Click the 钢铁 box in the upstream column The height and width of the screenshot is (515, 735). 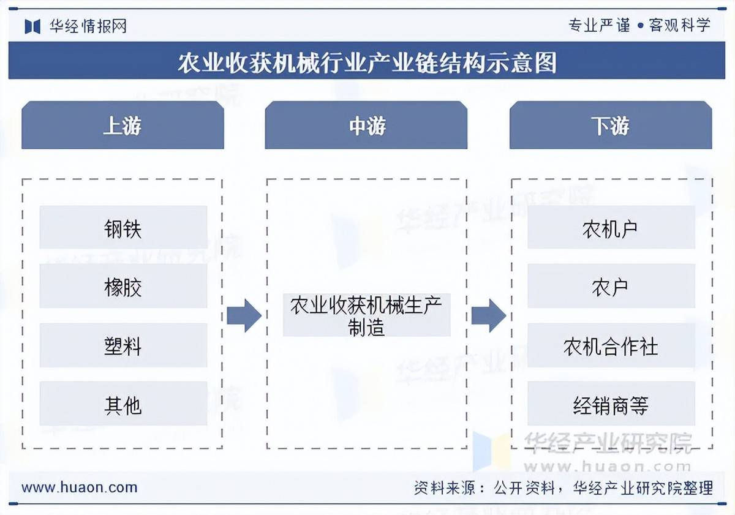pyautogui.click(x=123, y=228)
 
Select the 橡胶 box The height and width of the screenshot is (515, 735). pyautogui.click(x=123, y=287)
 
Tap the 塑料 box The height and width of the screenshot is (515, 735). pyautogui.click(x=123, y=346)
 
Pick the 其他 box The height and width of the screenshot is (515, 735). pyautogui.click(x=123, y=404)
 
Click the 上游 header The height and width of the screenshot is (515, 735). pyautogui.click(x=123, y=126)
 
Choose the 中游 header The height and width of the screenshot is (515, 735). pyautogui.click(x=366, y=126)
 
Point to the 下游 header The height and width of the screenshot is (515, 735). pyautogui.click(x=611, y=126)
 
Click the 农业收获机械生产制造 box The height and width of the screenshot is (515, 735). pyautogui.click(x=366, y=315)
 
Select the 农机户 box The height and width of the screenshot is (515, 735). pyautogui.click(x=611, y=228)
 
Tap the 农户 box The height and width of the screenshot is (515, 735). pyautogui.click(x=611, y=287)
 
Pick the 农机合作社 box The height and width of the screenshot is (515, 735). pyautogui.click(x=611, y=346)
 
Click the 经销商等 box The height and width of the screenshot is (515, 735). pyautogui.click(x=611, y=404)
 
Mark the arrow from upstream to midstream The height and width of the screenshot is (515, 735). pyautogui.click(x=244, y=316)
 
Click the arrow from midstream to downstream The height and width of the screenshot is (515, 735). pyautogui.click(x=488, y=316)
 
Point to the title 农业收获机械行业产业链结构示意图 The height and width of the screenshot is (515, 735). pyautogui.click(x=367, y=62)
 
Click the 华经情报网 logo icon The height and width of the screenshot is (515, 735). pyautogui.click(x=32, y=26)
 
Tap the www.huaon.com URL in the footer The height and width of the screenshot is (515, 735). pyautogui.click(x=80, y=487)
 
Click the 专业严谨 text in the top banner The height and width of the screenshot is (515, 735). pyautogui.click(x=599, y=26)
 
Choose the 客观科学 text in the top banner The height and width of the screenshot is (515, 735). pyautogui.click(x=680, y=26)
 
